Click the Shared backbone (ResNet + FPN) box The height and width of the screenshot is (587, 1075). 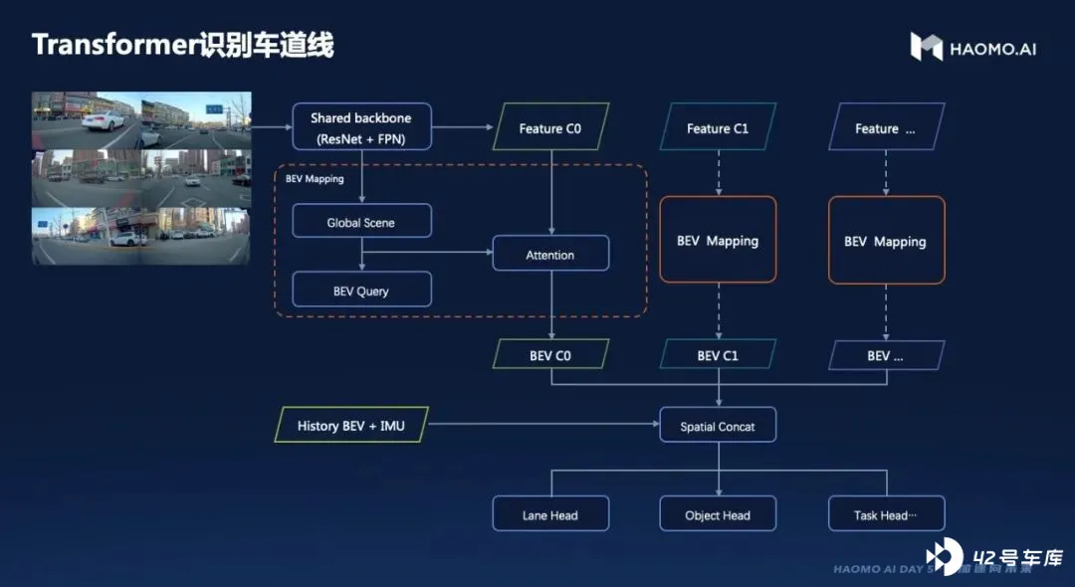pyautogui.click(x=361, y=127)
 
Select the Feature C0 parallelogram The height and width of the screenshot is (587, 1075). pyautogui.click(x=550, y=128)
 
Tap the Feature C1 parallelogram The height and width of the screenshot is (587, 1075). pyautogui.click(x=718, y=128)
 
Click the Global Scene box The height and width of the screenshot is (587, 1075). pyautogui.click(x=361, y=222)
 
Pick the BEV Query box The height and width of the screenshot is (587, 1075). pyautogui.click(x=361, y=291)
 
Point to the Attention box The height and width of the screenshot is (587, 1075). pyautogui.click(x=550, y=255)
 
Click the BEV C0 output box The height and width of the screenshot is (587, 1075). pyautogui.click(x=550, y=355)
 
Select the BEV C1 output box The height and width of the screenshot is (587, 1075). pyautogui.click(x=718, y=355)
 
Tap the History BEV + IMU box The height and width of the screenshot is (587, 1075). pyautogui.click(x=350, y=426)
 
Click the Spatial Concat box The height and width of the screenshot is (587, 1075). pyautogui.click(x=718, y=426)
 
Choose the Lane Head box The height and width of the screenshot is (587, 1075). pyautogui.click(x=550, y=514)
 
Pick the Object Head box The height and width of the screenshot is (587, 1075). pyautogui.click(x=718, y=514)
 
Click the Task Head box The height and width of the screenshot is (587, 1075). pyautogui.click(x=886, y=514)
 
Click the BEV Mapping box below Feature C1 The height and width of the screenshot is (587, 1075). pyautogui.click(x=718, y=241)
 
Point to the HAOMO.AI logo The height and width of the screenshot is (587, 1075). pyautogui.click(x=972, y=47)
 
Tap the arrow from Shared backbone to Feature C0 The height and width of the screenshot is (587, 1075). pyautogui.click(x=463, y=127)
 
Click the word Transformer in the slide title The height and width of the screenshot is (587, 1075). pyautogui.click(x=108, y=45)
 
